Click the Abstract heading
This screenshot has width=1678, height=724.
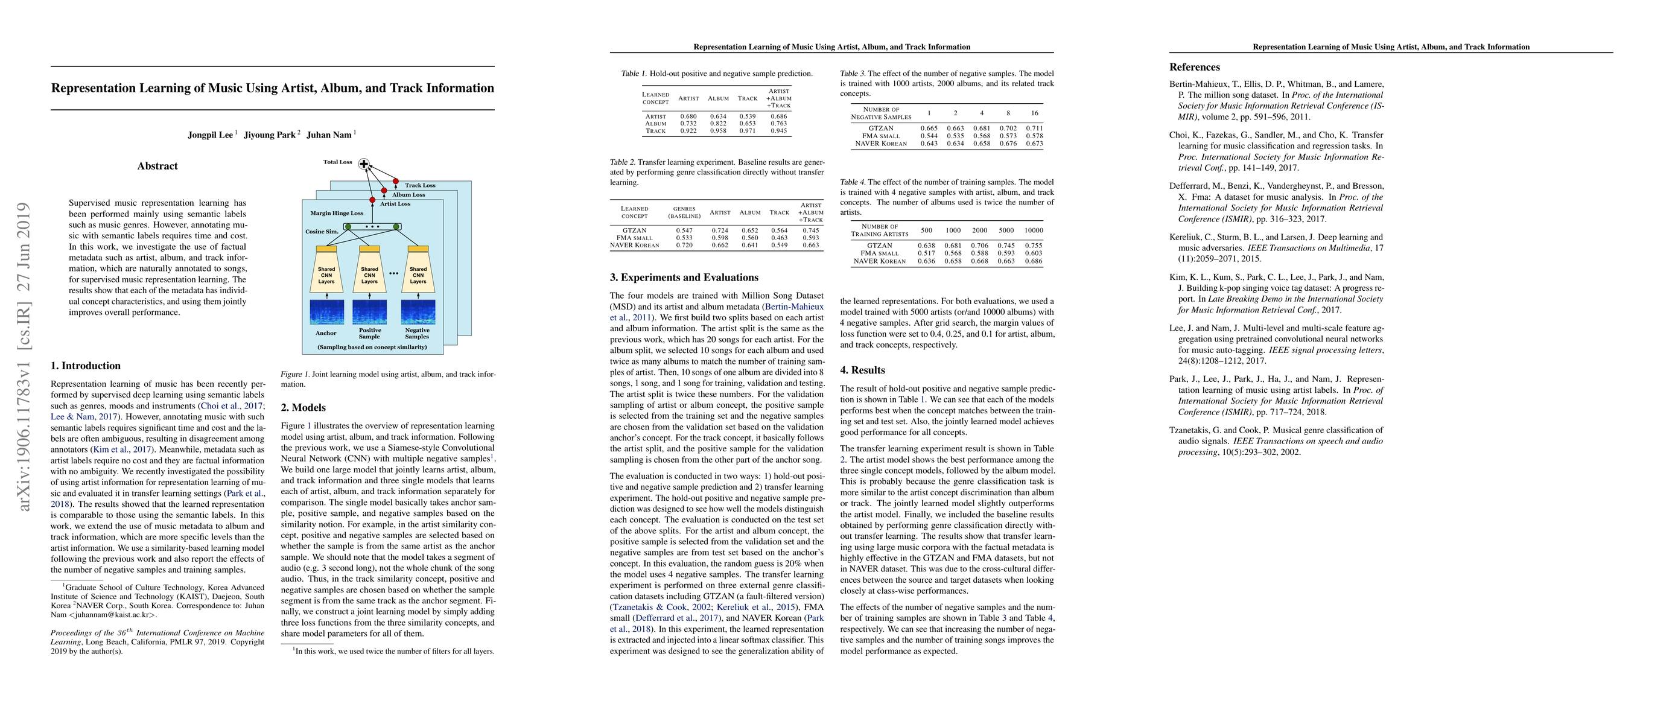point(157,166)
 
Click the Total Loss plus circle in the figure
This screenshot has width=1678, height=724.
point(364,164)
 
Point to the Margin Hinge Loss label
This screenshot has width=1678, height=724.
point(337,213)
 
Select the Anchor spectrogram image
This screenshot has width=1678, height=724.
point(326,311)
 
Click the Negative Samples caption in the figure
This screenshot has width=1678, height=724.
point(417,334)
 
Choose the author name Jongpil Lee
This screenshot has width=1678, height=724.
point(211,135)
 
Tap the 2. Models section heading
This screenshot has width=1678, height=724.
point(303,408)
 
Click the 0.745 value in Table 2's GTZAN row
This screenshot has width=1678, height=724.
point(811,230)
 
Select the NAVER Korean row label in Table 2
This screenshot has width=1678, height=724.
point(635,246)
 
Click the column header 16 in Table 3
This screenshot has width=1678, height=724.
point(1034,113)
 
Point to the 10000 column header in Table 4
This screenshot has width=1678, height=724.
point(1033,230)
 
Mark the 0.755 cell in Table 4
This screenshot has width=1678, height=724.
point(1033,246)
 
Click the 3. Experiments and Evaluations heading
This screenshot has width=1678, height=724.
point(684,278)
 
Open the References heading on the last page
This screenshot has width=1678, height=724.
point(1194,67)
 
